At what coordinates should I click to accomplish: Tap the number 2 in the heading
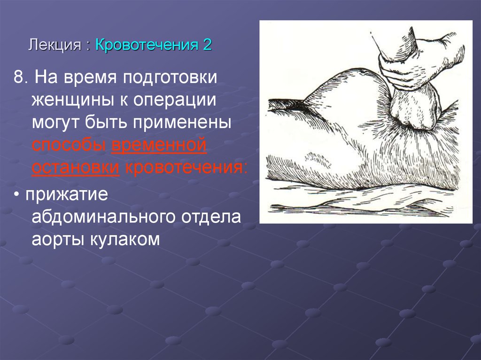tap(207, 45)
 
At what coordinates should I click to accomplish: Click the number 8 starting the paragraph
tap(18, 77)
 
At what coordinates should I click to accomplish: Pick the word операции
tap(174, 100)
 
